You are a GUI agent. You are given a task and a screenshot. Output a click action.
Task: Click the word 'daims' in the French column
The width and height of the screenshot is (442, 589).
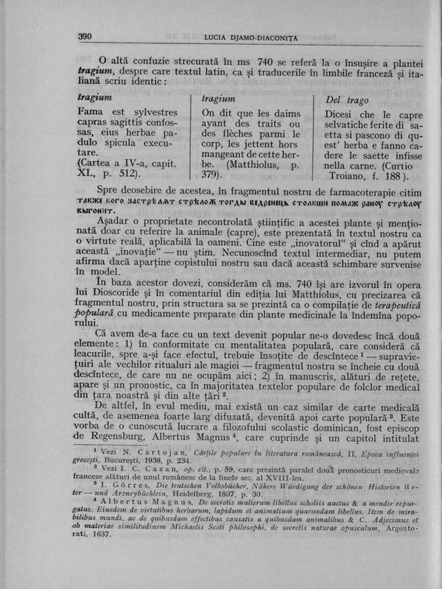click(282, 113)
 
